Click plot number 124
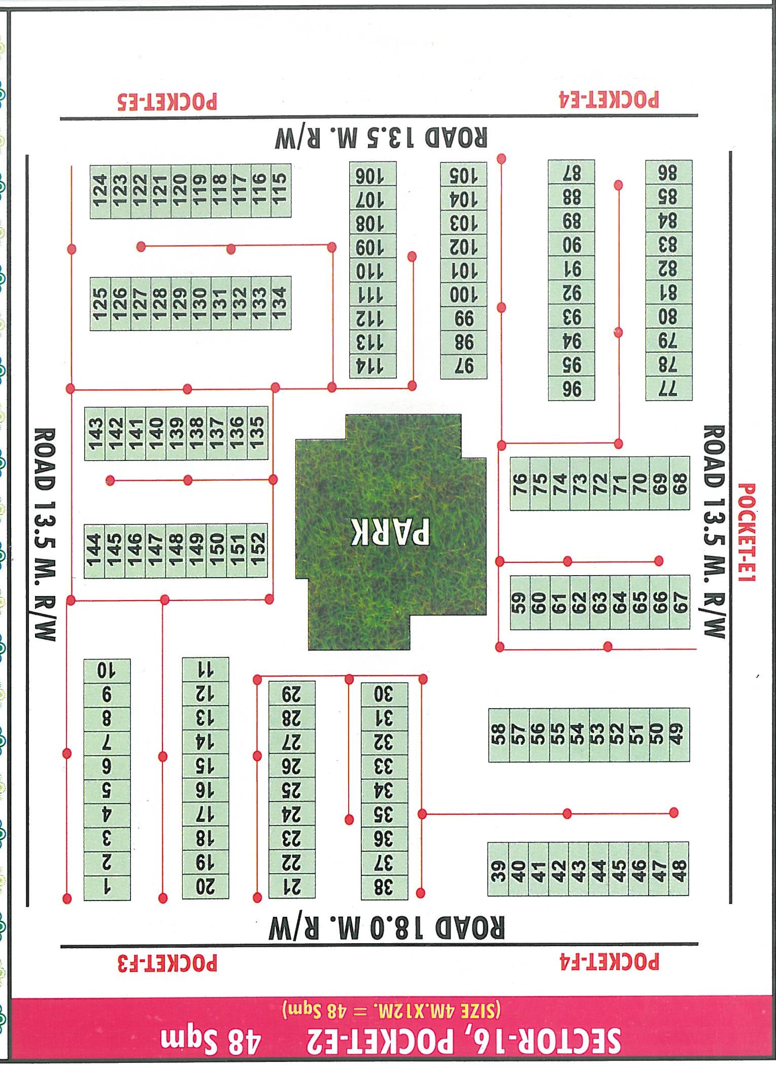tap(100, 191)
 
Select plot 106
tap(373, 176)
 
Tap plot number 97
tap(463, 365)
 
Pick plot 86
tap(668, 173)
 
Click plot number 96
tap(571, 389)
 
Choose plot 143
tap(95, 434)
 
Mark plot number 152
tap(257, 550)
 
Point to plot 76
tap(520, 483)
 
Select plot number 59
tap(519, 603)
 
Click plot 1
tap(107, 887)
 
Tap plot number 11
tap(206, 670)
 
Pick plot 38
tap(384, 887)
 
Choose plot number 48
tap(679, 869)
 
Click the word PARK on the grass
tap(390, 531)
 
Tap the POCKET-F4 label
tap(609, 962)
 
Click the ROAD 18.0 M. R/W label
tap(387, 928)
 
